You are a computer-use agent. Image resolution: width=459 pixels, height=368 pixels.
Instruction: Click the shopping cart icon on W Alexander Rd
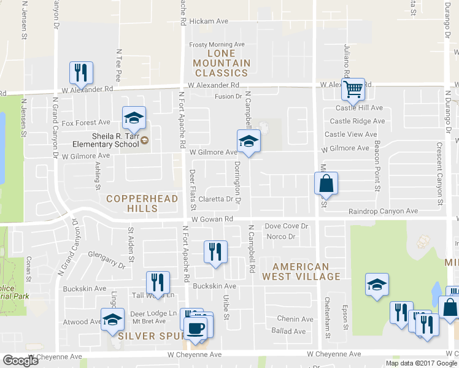(353, 90)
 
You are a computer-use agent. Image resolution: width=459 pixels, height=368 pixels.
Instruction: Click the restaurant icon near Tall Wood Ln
(158, 283)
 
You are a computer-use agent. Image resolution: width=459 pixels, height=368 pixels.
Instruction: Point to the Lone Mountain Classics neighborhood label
(222, 63)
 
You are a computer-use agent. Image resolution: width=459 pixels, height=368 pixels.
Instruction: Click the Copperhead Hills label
(142, 204)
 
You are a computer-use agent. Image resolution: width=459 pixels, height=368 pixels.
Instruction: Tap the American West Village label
(301, 272)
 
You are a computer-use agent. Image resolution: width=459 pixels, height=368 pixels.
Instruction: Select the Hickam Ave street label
(209, 21)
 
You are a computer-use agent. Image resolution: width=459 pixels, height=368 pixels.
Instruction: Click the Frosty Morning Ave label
(217, 45)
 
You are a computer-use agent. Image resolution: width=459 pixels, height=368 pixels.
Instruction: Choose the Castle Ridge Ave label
(357, 121)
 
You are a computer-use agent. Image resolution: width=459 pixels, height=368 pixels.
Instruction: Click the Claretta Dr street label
(216, 199)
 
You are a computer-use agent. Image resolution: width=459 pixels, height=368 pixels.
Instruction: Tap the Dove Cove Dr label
(286, 226)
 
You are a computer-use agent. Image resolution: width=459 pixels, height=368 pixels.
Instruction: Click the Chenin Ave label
(295, 319)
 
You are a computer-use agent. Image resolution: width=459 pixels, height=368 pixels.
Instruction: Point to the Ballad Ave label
(288, 331)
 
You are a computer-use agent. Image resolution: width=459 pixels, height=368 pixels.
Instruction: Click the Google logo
(21, 361)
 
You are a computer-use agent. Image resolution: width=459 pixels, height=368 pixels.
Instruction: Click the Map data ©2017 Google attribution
(420, 363)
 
